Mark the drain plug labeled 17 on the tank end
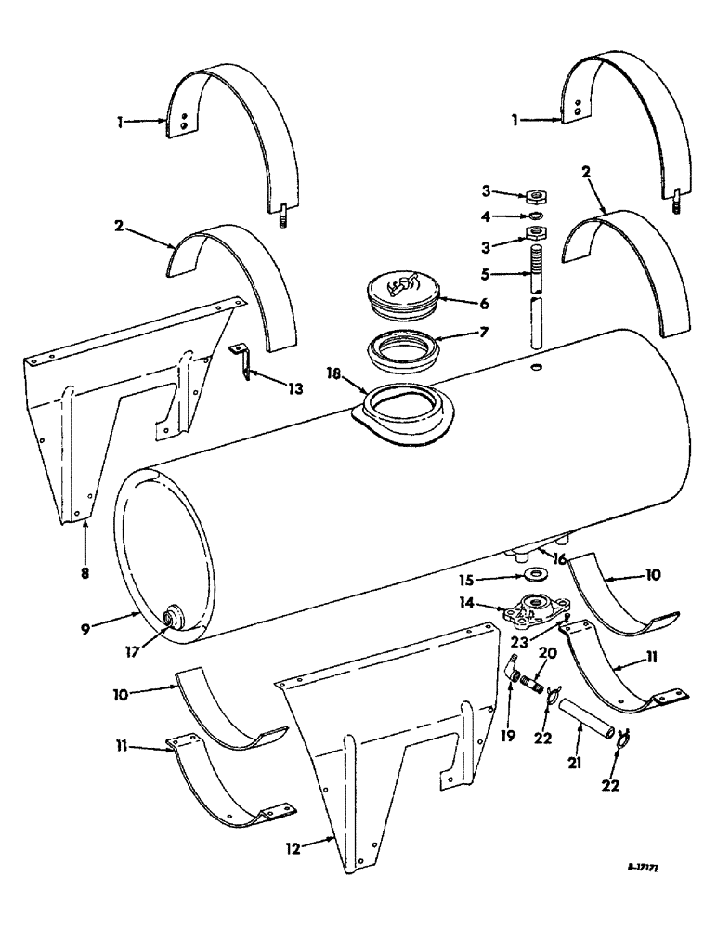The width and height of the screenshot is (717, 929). coord(171,618)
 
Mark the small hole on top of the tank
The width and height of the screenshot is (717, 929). coord(536,368)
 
